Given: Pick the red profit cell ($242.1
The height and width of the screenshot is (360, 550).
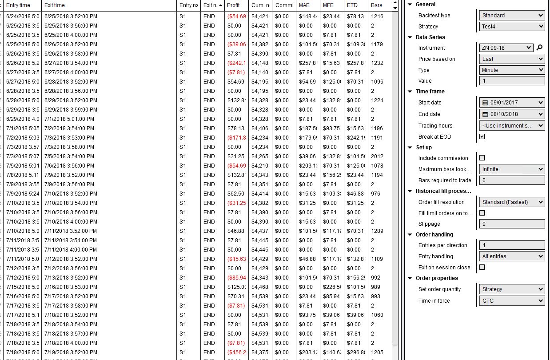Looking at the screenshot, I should pos(236,63).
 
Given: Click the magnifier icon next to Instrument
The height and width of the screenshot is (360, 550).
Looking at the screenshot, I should pos(539,48).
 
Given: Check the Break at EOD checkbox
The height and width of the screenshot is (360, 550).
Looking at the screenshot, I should pos(482,137).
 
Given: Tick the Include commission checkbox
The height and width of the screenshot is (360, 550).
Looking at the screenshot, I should pos(482,158).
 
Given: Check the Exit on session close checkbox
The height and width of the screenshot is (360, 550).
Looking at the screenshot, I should pos(482,268).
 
